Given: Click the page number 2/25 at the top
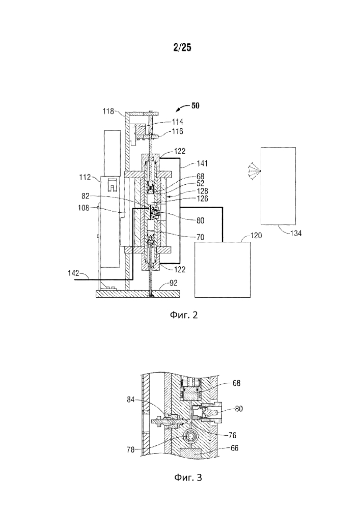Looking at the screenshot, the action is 182,48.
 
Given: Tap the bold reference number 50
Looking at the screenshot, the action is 195,105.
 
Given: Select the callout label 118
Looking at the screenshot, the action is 108,111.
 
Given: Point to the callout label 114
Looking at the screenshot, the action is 178,122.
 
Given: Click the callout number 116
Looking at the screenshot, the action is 178,131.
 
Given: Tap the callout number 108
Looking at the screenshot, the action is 84,208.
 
